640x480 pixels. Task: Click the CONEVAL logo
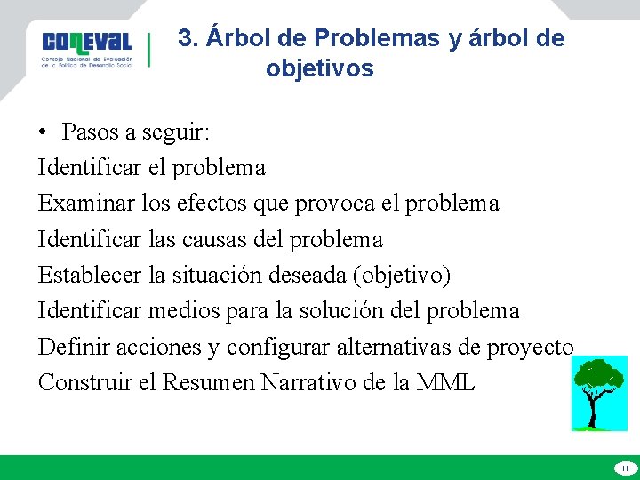point(87,49)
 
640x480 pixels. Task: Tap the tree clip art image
point(599,393)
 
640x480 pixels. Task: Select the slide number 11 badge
point(624,468)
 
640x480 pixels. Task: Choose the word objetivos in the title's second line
point(319,68)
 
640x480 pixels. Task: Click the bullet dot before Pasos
point(43,132)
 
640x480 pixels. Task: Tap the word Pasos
point(91,132)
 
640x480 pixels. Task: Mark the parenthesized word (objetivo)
point(402,276)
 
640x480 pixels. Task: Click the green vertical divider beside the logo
point(149,50)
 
